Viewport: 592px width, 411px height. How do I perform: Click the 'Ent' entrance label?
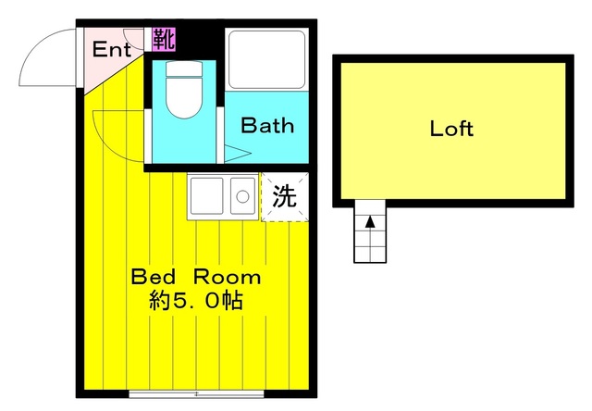(111, 49)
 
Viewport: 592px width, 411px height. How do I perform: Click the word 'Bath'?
(267, 125)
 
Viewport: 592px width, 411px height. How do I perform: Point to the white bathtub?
(266, 60)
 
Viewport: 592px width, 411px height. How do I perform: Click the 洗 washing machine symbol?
(284, 196)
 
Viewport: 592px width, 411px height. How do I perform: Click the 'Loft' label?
(451, 129)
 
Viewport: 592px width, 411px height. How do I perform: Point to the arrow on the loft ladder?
(370, 222)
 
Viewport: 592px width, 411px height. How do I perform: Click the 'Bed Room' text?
(195, 277)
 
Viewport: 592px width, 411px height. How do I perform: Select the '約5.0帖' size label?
(195, 301)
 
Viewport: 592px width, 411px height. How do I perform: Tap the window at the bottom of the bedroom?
(196, 393)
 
